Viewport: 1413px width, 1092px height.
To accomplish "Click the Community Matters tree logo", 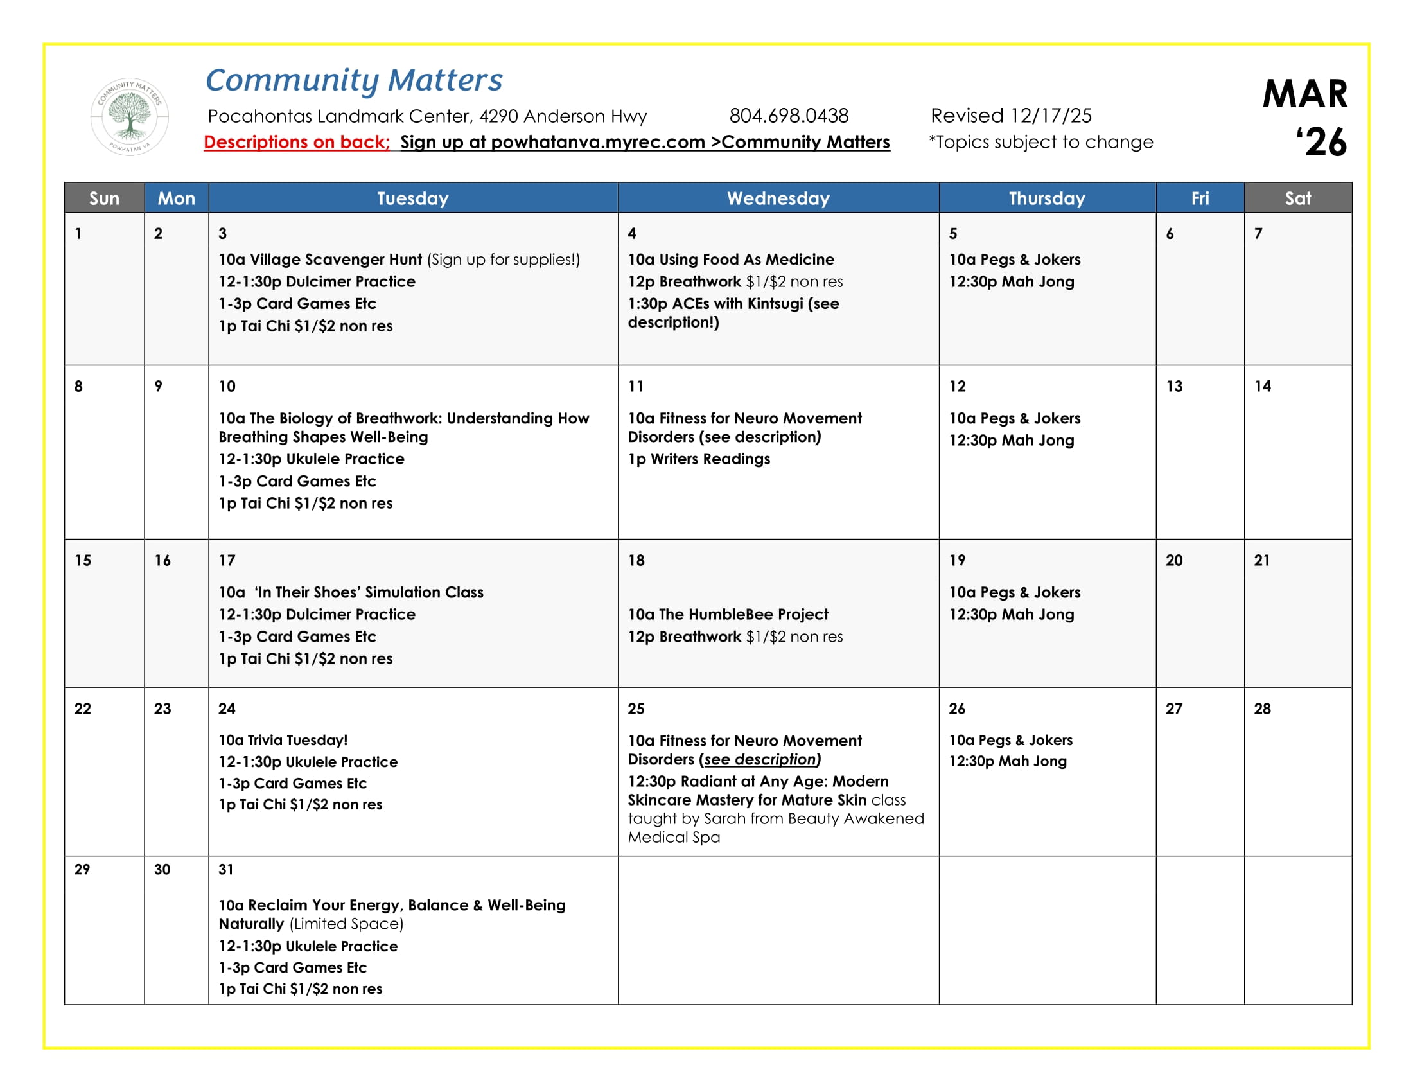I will pyautogui.click(x=129, y=116).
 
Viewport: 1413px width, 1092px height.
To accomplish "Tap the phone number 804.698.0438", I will pyautogui.click(x=789, y=116).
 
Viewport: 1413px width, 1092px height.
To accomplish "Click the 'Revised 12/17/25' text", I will pyautogui.click(x=1010, y=116).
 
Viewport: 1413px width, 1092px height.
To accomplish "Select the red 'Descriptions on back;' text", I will pyautogui.click(x=296, y=143).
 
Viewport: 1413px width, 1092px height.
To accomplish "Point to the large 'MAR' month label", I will pyautogui.click(x=1304, y=94).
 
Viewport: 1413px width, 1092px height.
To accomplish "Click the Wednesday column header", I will pyautogui.click(x=778, y=198).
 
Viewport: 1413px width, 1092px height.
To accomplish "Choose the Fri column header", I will pyautogui.click(x=1200, y=198).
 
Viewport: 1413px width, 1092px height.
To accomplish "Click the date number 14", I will pyautogui.click(x=1262, y=386).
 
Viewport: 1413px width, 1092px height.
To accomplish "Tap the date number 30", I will pyautogui.click(x=162, y=870).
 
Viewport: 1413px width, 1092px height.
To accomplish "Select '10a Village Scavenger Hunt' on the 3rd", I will pyautogui.click(x=320, y=260).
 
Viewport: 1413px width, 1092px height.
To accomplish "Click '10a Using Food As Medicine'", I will pyautogui.click(x=731, y=260).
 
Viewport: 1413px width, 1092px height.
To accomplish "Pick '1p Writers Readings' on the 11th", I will pyautogui.click(x=699, y=459).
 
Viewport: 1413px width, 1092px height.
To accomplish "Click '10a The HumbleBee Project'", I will pyautogui.click(x=728, y=614).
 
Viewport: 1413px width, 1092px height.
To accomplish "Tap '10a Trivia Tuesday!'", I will pyautogui.click(x=283, y=740).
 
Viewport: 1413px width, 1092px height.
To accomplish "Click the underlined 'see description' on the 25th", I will pyautogui.click(x=760, y=759).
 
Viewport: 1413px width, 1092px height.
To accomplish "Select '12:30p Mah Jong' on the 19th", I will pyautogui.click(x=1011, y=614).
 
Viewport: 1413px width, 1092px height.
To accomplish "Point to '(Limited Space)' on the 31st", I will pyautogui.click(x=346, y=924).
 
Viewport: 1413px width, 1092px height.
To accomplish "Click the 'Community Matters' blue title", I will pyautogui.click(x=353, y=80).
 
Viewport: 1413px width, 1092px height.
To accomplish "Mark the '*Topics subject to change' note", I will pyautogui.click(x=1041, y=143).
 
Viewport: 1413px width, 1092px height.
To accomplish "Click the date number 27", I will pyautogui.click(x=1173, y=709).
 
